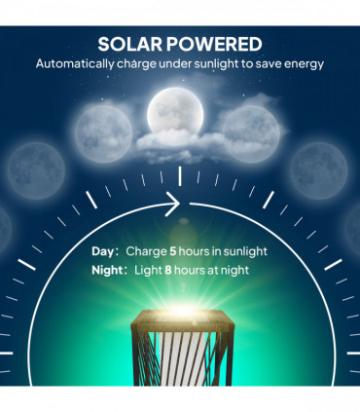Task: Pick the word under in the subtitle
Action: (x=174, y=64)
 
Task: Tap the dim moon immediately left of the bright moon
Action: (x=104, y=129)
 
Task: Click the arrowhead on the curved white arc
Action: (x=176, y=205)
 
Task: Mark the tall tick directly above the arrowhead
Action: (x=180, y=175)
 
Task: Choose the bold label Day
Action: (x=103, y=251)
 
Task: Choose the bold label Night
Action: (x=109, y=272)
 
